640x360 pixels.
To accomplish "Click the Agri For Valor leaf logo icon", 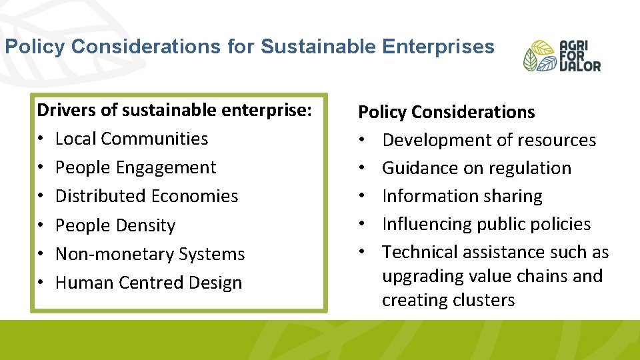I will coord(539,55).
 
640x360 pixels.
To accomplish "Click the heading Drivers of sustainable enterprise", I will coord(175,109).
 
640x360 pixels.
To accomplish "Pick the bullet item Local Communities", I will coord(131,139).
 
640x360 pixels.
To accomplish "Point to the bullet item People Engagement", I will coord(135,167).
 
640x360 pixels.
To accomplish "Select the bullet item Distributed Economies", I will coord(146,196).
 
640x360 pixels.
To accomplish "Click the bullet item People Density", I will coord(115,225).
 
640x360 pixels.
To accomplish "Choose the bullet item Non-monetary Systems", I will coord(150,254).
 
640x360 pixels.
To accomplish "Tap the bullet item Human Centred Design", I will coord(148,283).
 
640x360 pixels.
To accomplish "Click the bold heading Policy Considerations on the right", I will coord(447,112).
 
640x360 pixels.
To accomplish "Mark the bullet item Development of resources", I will coord(489,140).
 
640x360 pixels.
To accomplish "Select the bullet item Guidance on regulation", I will coord(476,168).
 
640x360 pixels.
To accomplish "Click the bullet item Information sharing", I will coord(462,196).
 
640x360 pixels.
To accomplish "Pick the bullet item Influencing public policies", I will coord(486,224).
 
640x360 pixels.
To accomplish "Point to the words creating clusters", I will coord(448,300).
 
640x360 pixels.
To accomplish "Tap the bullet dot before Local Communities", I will coord(41,139).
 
